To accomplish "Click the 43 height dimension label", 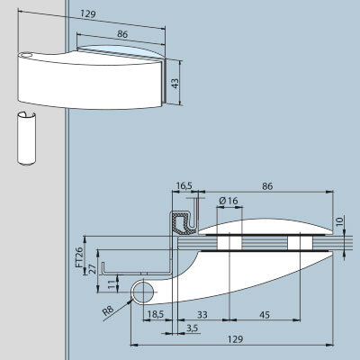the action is coord(175,83).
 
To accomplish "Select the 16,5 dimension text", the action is coord(184,186).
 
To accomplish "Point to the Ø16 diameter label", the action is coord(229,201).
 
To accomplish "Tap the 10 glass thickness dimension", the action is coord(339,221).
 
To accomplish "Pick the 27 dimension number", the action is coord(93,269).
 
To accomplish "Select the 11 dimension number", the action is coord(112,284).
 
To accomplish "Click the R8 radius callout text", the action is coord(109,310).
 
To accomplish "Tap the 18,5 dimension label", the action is coord(156,314).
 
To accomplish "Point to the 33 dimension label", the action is coord(202,315).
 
